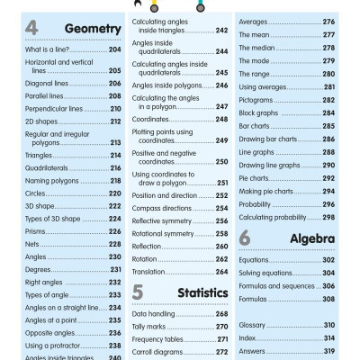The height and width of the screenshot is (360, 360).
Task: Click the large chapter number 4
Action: coord(31,29)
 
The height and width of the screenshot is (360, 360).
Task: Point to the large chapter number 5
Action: coord(138,292)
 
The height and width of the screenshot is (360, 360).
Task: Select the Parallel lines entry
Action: coord(44,94)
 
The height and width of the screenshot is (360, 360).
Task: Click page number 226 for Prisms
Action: coord(114,231)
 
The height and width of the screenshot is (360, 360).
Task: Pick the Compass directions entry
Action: coord(162,208)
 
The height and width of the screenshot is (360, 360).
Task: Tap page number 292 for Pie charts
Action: coord(328,178)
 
